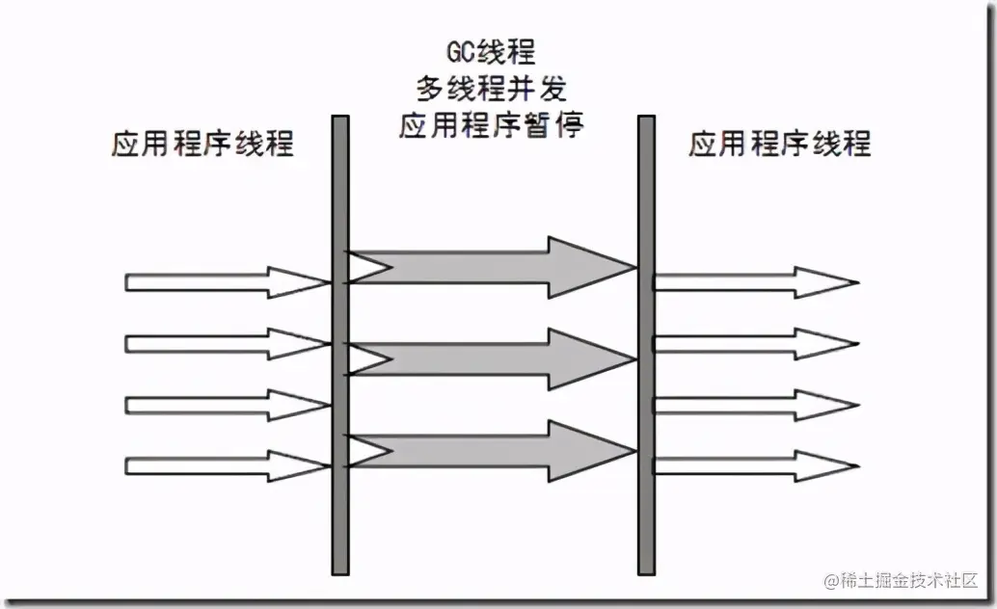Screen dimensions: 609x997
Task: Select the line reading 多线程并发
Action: (491, 89)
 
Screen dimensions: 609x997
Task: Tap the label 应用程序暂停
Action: (491, 125)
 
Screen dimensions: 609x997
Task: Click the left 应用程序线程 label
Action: (202, 145)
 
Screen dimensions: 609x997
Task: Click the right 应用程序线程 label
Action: (779, 145)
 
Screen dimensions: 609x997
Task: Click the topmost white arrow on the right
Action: (752, 282)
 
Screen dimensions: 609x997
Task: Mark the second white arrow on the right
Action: (752, 344)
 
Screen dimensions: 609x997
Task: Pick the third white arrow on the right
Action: (752, 405)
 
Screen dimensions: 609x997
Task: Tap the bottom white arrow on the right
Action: (752, 466)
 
